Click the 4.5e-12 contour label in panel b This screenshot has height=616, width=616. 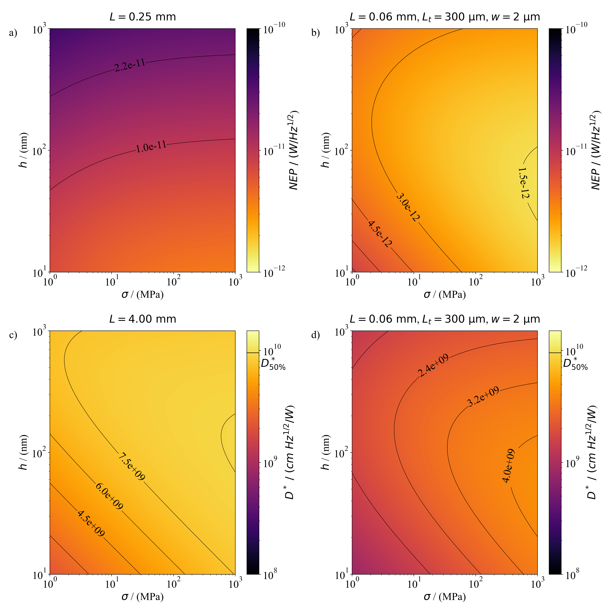(x=380, y=234)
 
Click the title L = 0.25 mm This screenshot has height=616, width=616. (x=143, y=17)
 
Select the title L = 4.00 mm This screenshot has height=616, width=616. (x=143, y=319)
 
